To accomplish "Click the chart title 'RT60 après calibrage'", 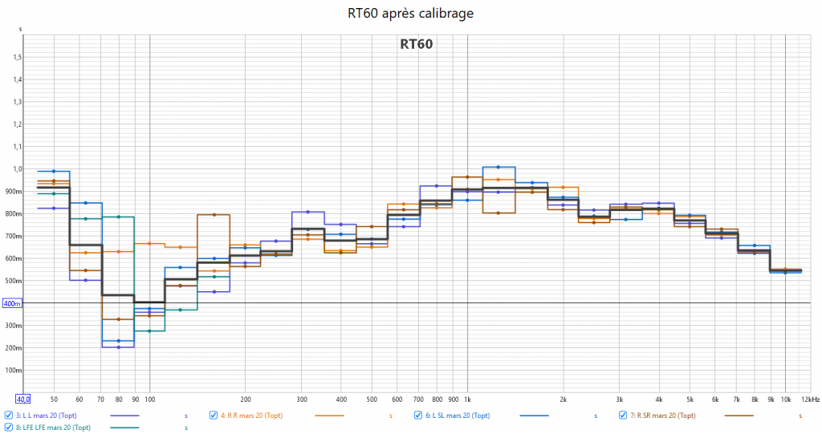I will tap(410, 14).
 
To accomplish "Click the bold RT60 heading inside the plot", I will tap(417, 44).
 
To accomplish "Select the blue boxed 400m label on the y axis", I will tap(13, 303).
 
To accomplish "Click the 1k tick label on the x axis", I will tap(467, 399).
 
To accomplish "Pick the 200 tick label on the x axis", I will tap(246, 399).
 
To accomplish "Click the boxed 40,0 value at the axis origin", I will tap(22, 399).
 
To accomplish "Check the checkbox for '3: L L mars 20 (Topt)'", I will tap(8, 416).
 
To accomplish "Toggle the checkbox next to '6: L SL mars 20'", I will tap(418, 416).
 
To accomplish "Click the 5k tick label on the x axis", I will tap(690, 399).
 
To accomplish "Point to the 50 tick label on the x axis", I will tap(54, 399).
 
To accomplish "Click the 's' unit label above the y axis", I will tap(20, 29).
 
